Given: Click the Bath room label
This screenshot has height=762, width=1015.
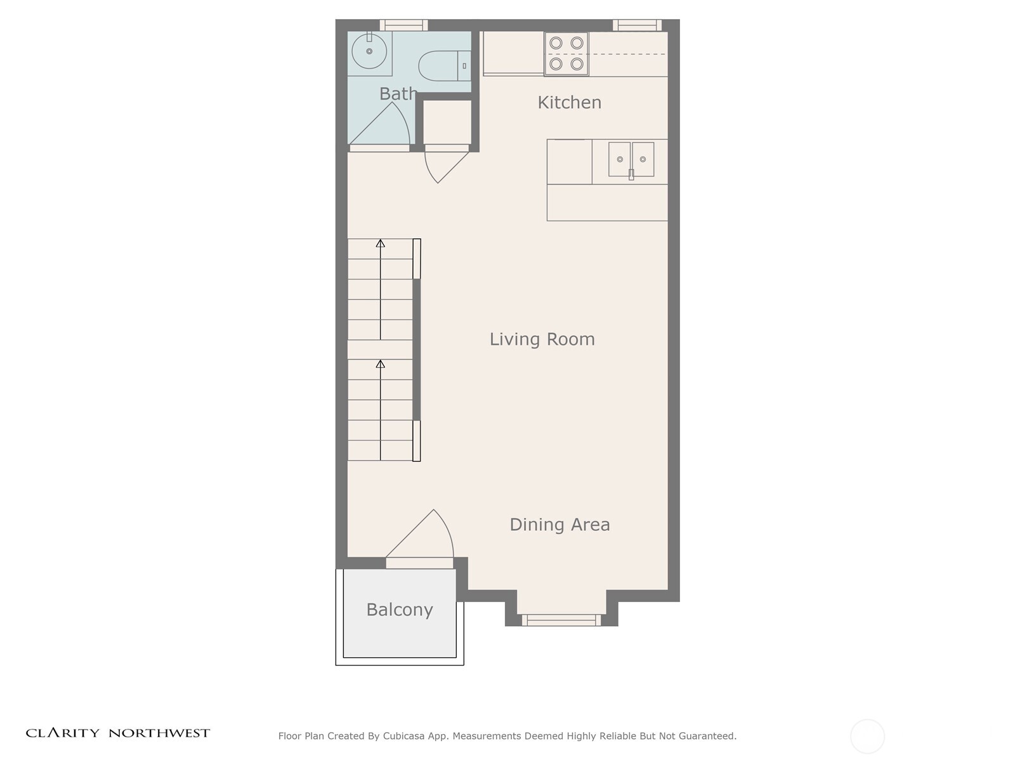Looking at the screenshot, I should tap(398, 94).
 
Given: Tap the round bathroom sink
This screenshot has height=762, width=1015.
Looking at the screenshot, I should tap(369, 51).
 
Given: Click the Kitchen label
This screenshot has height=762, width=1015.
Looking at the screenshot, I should tap(569, 102).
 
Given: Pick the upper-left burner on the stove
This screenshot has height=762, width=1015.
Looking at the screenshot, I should tap(556, 43).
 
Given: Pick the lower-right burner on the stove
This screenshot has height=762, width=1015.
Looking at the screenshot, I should tap(577, 64).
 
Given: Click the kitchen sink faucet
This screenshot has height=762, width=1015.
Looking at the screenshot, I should tap(631, 173).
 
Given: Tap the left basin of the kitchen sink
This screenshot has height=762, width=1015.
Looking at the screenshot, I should tap(620, 159).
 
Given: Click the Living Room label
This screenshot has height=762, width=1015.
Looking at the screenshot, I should tap(542, 339).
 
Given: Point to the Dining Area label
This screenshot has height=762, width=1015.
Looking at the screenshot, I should tap(560, 525).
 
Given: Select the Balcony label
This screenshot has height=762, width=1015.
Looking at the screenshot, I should tap(399, 610).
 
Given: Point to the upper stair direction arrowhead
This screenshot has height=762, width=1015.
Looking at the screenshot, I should tap(380, 243).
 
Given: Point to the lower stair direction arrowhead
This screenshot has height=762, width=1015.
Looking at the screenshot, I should tap(380, 364).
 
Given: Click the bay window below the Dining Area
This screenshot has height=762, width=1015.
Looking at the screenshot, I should tap(561, 620).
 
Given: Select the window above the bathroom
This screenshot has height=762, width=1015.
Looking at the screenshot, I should tap(403, 25).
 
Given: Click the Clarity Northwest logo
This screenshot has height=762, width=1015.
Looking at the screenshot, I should tap(117, 733).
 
